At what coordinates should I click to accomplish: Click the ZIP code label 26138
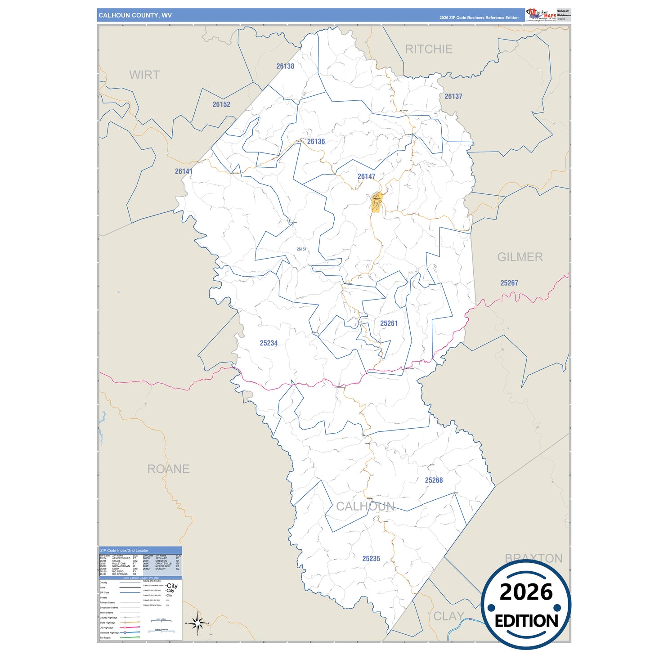tap(285, 66)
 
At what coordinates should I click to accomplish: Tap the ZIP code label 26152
tap(221, 104)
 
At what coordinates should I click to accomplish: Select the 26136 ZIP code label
tap(316, 142)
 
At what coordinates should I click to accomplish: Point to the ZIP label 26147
tap(366, 176)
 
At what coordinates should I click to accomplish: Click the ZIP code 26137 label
tap(453, 96)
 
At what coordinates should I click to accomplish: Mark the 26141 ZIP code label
tap(184, 171)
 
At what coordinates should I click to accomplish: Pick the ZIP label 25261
tap(389, 323)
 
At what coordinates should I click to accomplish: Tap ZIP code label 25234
tap(269, 343)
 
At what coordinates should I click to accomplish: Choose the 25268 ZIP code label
tap(434, 480)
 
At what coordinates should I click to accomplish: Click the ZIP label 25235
tap(371, 559)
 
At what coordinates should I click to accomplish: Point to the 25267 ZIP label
tap(509, 283)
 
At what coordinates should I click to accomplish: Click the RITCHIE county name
tap(429, 49)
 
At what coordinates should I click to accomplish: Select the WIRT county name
tap(144, 75)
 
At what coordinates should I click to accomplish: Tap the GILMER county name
tap(520, 257)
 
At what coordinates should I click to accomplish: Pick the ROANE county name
tap(168, 469)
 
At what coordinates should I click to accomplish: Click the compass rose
tap(197, 623)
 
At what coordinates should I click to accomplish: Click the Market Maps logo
tap(541, 14)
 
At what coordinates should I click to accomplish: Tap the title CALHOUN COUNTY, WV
tap(135, 15)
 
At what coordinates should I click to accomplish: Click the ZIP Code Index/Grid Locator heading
tap(124, 550)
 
